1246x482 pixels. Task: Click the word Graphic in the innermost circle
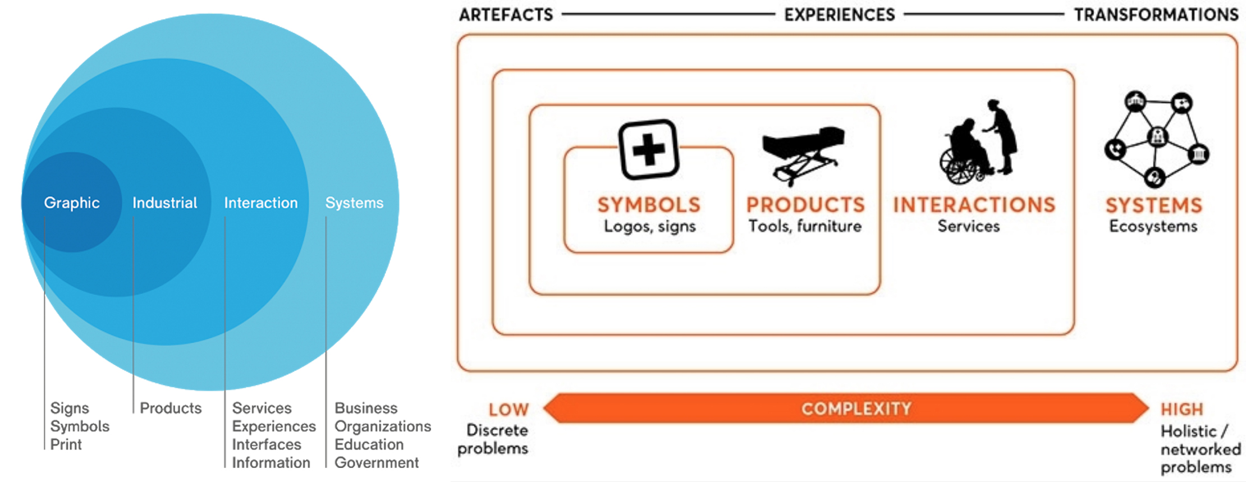tap(72, 203)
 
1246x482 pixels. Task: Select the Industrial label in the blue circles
tap(164, 203)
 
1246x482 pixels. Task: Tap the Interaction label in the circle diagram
tap(261, 203)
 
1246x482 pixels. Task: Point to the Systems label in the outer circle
tap(354, 203)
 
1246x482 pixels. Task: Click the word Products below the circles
tap(171, 408)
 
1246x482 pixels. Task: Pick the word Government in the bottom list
tap(377, 463)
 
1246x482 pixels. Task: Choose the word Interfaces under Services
tap(267, 444)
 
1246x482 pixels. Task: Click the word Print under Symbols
tap(66, 444)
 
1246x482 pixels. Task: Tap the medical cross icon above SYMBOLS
tap(649, 149)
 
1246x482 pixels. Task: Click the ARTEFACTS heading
tap(506, 15)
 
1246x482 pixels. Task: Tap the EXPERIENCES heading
tap(839, 15)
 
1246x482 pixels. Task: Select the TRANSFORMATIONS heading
tap(1156, 15)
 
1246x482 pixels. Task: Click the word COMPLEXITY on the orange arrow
tap(856, 408)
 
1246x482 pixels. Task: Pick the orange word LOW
tap(509, 410)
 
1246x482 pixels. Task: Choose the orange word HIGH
tap(1181, 410)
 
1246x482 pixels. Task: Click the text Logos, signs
tap(649, 227)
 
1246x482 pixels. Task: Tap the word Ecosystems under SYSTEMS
tap(1153, 227)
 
